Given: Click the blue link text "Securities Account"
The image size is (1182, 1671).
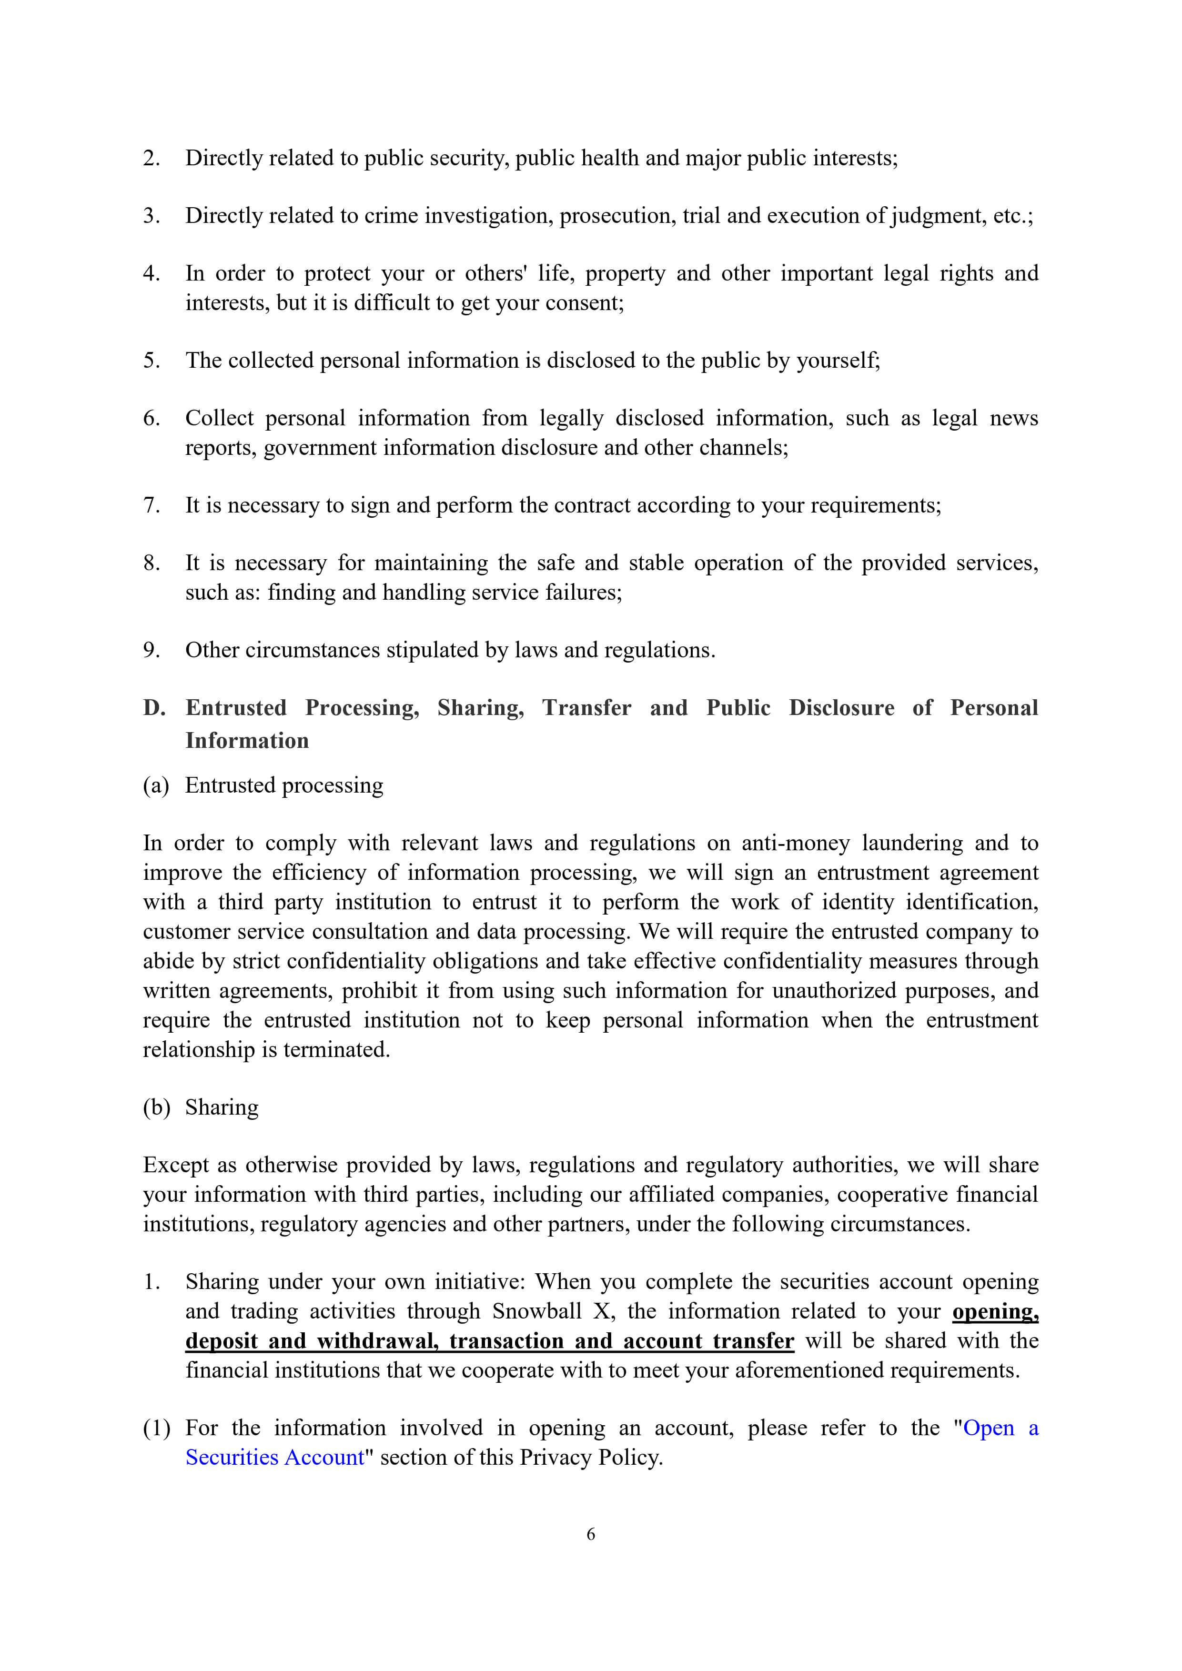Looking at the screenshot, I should (274, 1457).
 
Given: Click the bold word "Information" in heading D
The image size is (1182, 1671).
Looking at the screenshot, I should (247, 740).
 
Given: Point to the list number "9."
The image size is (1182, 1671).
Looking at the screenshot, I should (152, 650).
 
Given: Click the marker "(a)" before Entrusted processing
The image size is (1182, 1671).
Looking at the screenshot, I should (156, 785).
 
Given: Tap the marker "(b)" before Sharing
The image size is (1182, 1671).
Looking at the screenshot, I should (156, 1107).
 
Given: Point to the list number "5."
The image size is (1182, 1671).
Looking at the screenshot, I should (152, 360).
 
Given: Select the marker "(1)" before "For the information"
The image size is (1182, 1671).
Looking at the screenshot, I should (156, 1428).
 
